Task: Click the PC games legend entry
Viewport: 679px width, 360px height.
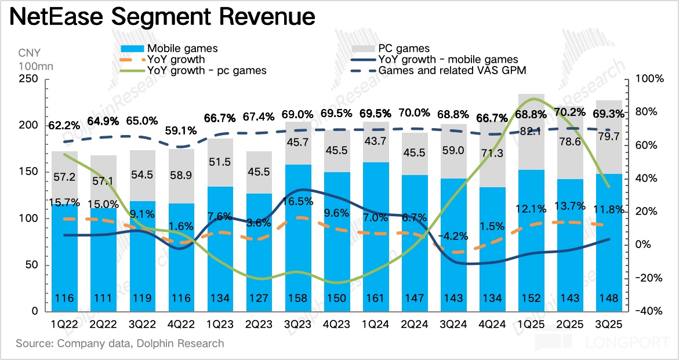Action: pyautogui.click(x=404, y=48)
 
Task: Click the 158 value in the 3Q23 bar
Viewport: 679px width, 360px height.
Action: pyautogui.click(x=298, y=299)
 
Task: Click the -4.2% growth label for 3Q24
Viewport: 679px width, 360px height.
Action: pyautogui.click(x=453, y=237)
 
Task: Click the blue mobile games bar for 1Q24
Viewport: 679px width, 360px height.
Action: pyautogui.click(x=376, y=243)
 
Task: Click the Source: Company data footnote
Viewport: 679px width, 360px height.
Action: pyautogui.click(x=119, y=343)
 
